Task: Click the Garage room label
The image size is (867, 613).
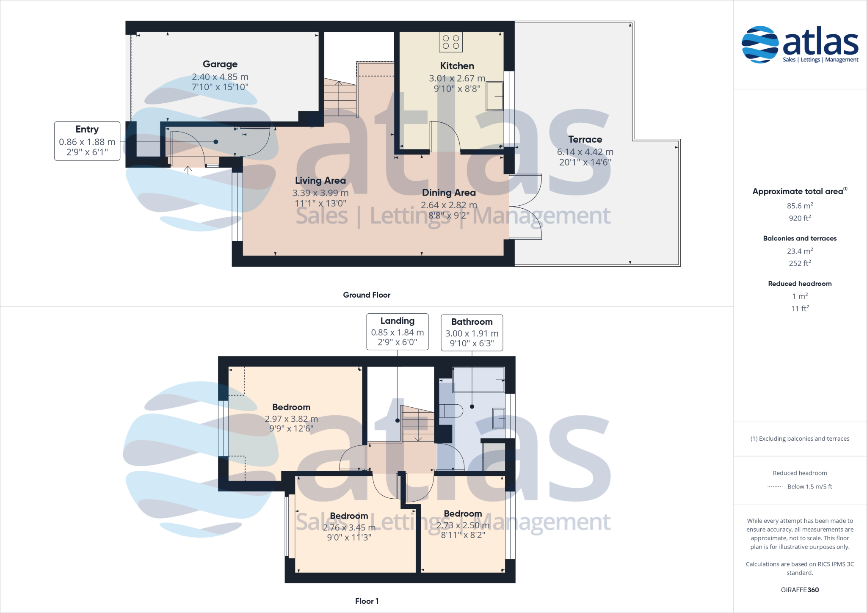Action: click(x=220, y=64)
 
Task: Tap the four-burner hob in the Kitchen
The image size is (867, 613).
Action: click(x=450, y=42)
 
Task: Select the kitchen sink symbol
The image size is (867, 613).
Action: click(x=494, y=96)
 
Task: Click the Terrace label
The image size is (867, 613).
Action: click(x=585, y=140)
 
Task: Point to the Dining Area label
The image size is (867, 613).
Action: click(x=449, y=193)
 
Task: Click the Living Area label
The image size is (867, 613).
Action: click(x=320, y=181)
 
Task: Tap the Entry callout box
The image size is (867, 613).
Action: click(x=87, y=141)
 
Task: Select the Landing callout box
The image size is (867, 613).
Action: click(x=397, y=332)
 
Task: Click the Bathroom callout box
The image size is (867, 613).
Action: click(x=472, y=333)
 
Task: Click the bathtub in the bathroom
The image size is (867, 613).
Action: click(x=478, y=379)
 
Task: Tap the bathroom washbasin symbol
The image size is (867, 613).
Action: click(x=499, y=418)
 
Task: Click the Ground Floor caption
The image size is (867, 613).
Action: click(x=367, y=295)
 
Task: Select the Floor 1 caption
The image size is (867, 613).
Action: click(x=367, y=601)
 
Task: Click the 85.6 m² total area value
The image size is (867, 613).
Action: click(x=800, y=206)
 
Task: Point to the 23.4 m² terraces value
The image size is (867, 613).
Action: click(x=800, y=251)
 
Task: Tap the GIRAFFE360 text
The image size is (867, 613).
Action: click(x=800, y=590)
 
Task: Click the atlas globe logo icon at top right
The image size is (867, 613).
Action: click(x=760, y=44)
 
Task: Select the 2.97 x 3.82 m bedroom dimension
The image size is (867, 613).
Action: click(x=291, y=419)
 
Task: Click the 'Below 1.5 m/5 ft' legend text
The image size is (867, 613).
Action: click(x=809, y=487)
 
